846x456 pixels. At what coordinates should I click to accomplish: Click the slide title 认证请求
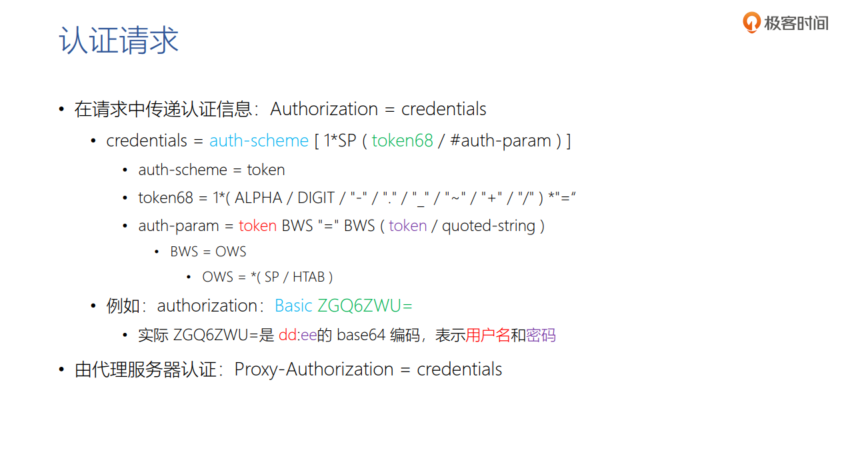[x=119, y=41]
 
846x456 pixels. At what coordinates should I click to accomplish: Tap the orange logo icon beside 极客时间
[x=751, y=23]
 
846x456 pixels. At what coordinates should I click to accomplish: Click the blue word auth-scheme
[x=259, y=141]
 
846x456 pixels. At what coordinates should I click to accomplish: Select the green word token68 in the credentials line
[x=402, y=141]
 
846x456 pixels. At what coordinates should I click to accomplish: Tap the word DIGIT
[x=316, y=198]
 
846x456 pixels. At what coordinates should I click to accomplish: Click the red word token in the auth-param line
[x=257, y=226]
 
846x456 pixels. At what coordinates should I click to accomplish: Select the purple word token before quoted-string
[x=407, y=226]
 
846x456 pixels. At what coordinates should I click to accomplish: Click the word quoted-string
[x=489, y=226]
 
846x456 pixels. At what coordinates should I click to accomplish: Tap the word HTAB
[x=308, y=277]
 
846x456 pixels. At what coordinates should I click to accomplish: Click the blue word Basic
[x=293, y=306]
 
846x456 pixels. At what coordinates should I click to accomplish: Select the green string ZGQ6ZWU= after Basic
[x=365, y=306]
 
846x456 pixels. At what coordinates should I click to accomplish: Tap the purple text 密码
[x=541, y=336]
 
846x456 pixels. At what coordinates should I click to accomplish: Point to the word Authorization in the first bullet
[x=324, y=109]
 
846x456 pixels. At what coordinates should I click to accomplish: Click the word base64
[x=361, y=336]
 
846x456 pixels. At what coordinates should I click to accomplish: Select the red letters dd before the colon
[x=287, y=336]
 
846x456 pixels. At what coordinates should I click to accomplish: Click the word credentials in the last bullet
[x=459, y=369]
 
